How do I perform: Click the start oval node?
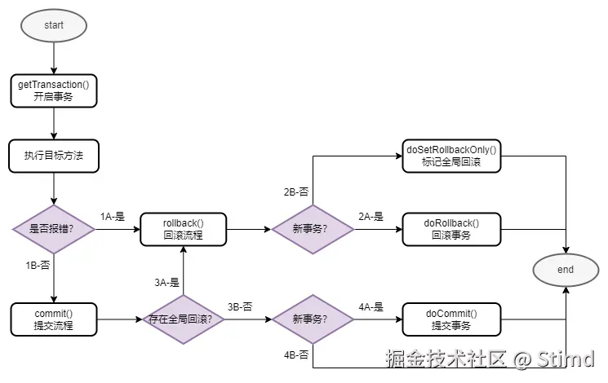[x=54, y=24]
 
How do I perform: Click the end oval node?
[x=566, y=269]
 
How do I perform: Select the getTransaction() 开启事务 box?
[x=54, y=90]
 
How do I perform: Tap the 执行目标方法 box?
[x=54, y=155]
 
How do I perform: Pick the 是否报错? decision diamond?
[x=54, y=229]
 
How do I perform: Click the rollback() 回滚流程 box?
[x=183, y=229]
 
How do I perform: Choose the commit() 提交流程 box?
[x=54, y=319]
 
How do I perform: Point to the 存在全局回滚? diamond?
[x=183, y=319]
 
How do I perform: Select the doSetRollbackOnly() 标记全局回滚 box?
[x=451, y=155]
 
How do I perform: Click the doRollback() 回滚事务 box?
[x=451, y=229]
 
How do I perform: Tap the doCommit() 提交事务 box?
[x=451, y=319]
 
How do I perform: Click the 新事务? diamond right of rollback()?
[x=313, y=229]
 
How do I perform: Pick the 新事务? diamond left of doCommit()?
[x=313, y=319]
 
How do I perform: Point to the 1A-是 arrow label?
[x=113, y=217]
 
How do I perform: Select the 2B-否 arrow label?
[x=295, y=192]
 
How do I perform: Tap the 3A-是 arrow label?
[x=166, y=283]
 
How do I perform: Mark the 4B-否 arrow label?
[x=295, y=355]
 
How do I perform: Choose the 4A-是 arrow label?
[x=371, y=307]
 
